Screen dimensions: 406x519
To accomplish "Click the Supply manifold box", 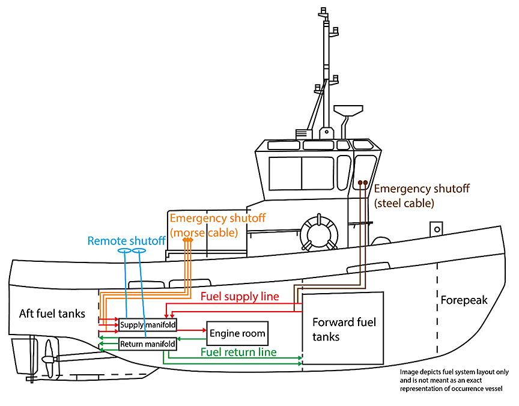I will pos(148,325).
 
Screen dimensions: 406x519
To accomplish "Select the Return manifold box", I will pos(148,344).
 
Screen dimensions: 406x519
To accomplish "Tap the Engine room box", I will pos(237,333).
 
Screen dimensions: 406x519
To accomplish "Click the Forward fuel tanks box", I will pos(343,329).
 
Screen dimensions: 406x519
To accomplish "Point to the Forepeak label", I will pos(464,300).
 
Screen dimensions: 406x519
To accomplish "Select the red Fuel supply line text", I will pos(240,297).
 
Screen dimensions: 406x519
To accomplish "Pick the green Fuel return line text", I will pos(238,352).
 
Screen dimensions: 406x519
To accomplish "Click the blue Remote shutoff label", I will pos(126,241).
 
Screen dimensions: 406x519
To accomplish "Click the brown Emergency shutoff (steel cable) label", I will pos(421,196).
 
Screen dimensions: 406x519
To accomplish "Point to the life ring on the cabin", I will pos(318,232).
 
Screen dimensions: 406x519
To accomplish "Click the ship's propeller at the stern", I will pos(49,360).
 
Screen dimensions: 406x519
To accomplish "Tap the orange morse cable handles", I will pos(187,240).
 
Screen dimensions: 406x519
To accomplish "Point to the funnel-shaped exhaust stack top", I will pos(348,111).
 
